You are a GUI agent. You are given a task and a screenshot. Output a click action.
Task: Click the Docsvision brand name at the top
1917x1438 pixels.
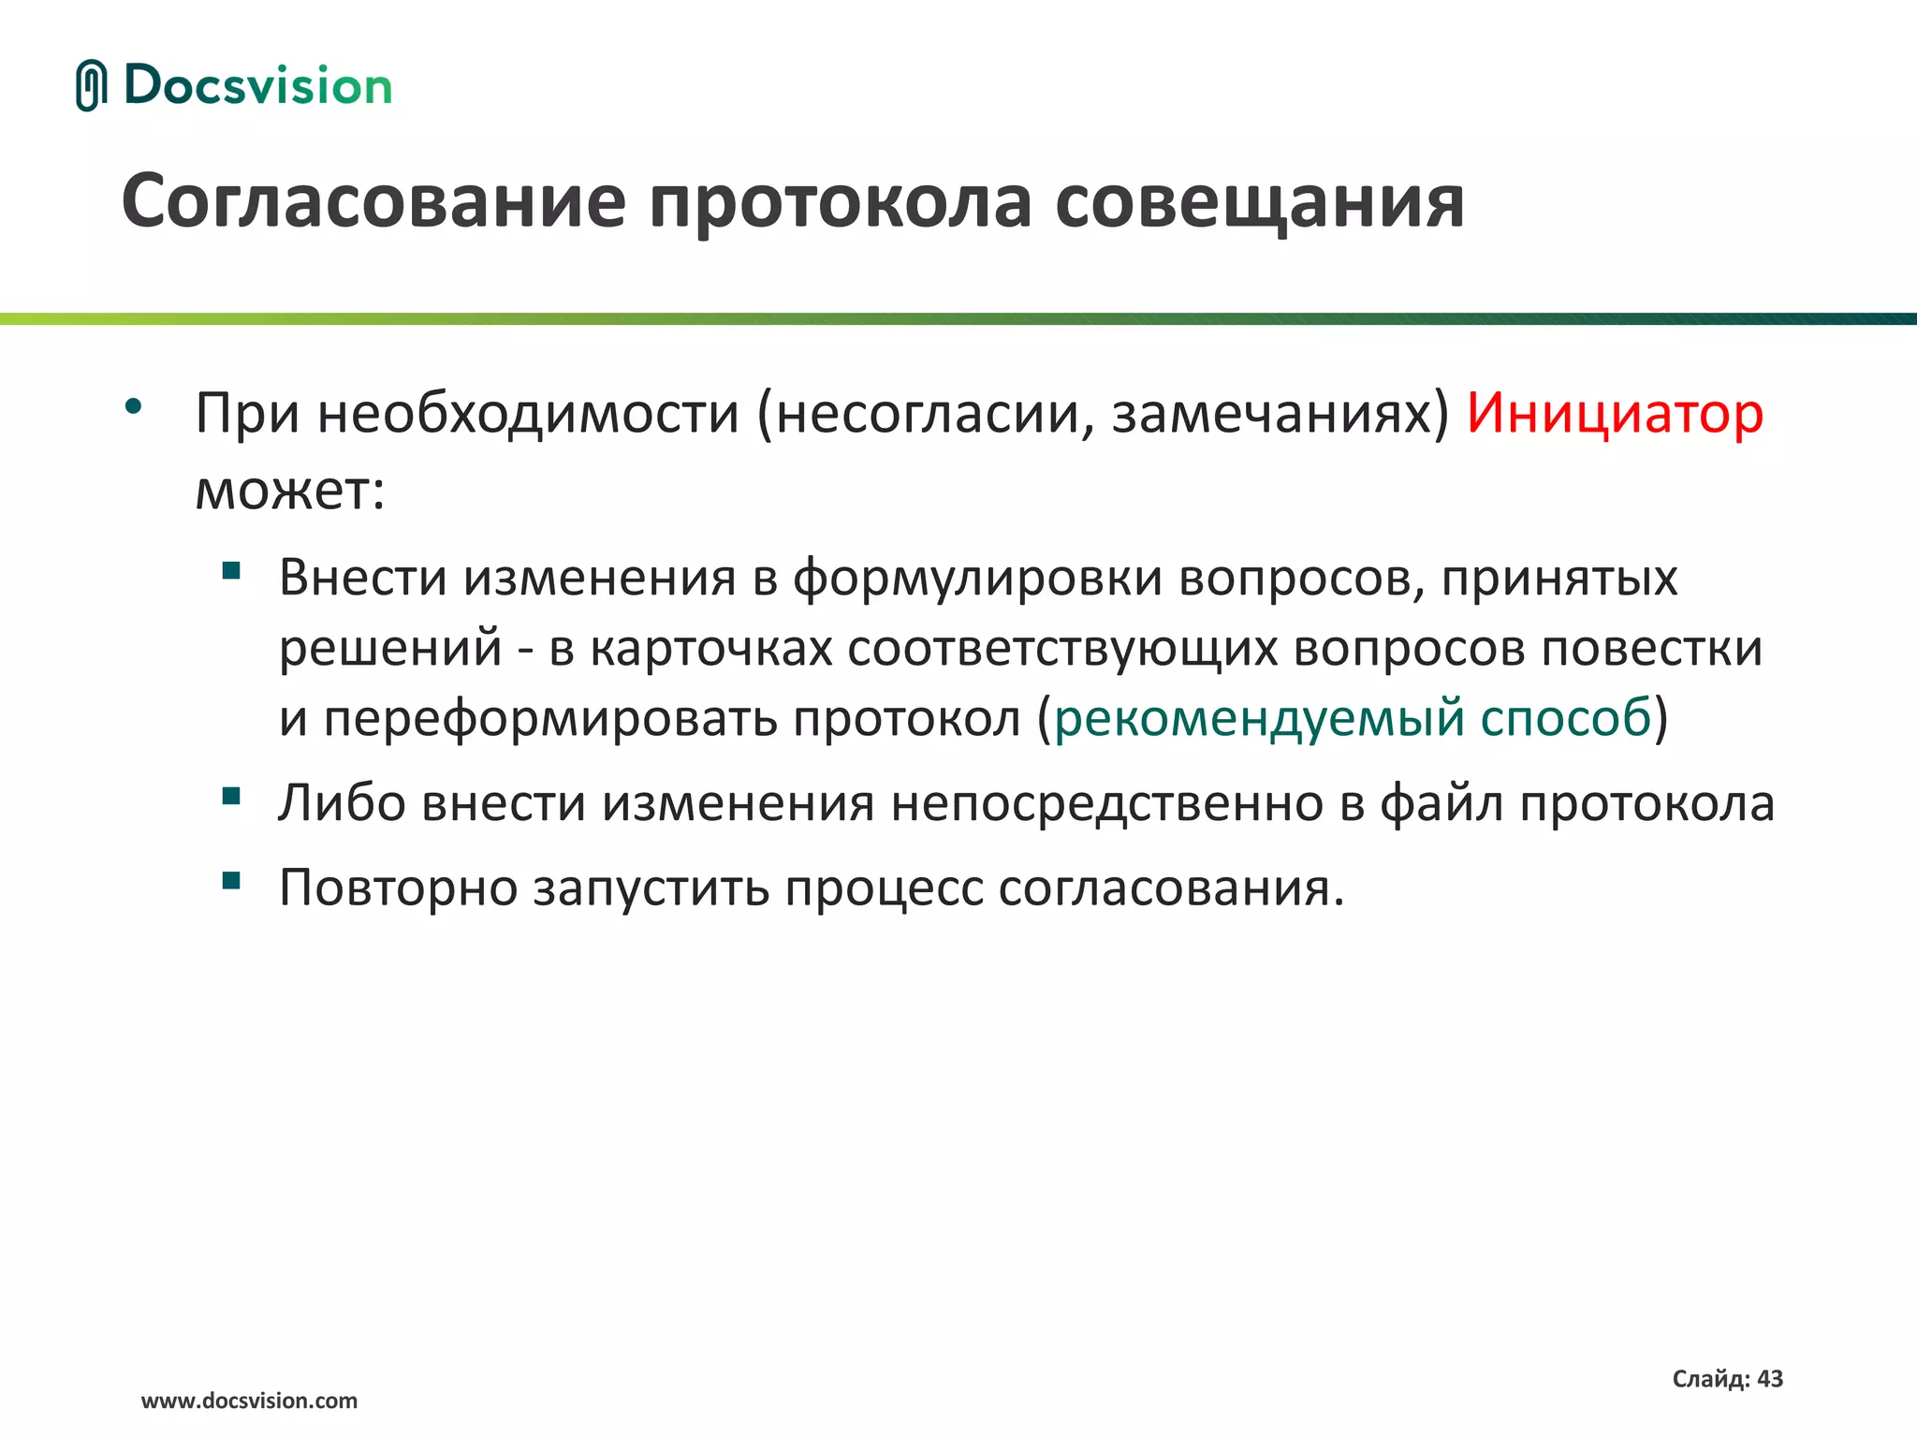(257, 86)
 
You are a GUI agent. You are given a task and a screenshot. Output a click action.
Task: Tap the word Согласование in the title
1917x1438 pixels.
(373, 202)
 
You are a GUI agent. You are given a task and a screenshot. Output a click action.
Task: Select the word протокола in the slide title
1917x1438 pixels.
(840, 202)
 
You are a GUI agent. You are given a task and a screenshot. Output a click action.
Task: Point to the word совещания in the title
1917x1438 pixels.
(1259, 202)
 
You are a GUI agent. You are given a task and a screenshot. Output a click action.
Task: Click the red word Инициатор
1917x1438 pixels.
(1615, 413)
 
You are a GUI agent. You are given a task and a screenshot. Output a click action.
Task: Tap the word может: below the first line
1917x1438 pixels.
(290, 489)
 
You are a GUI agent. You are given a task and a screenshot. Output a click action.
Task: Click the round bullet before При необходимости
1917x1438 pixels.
(133, 406)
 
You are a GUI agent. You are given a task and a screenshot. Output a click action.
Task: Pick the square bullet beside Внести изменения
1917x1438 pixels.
(231, 570)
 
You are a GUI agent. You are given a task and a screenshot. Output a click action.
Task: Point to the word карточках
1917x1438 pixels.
(711, 648)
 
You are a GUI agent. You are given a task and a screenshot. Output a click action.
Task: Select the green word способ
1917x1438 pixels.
(1565, 719)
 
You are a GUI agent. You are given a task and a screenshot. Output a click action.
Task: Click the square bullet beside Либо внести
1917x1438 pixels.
(231, 796)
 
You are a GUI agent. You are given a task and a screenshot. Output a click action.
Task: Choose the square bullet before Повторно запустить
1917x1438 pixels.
(231, 880)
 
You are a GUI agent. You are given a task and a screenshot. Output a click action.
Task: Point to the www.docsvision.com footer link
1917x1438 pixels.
(249, 1401)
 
